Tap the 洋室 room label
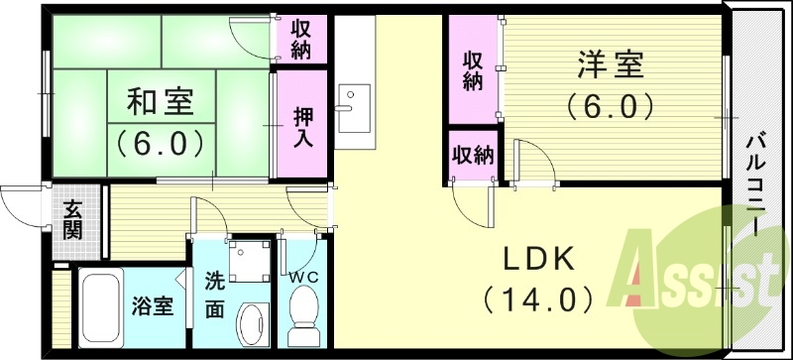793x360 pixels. [611, 65]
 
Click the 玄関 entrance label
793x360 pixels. [73, 219]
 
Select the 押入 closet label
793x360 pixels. [303, 126]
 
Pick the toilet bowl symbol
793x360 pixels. [299, 319]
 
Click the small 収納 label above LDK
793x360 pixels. [473, 155]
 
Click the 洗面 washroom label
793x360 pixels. [214, 295]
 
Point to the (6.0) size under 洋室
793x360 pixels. [611, 103]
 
